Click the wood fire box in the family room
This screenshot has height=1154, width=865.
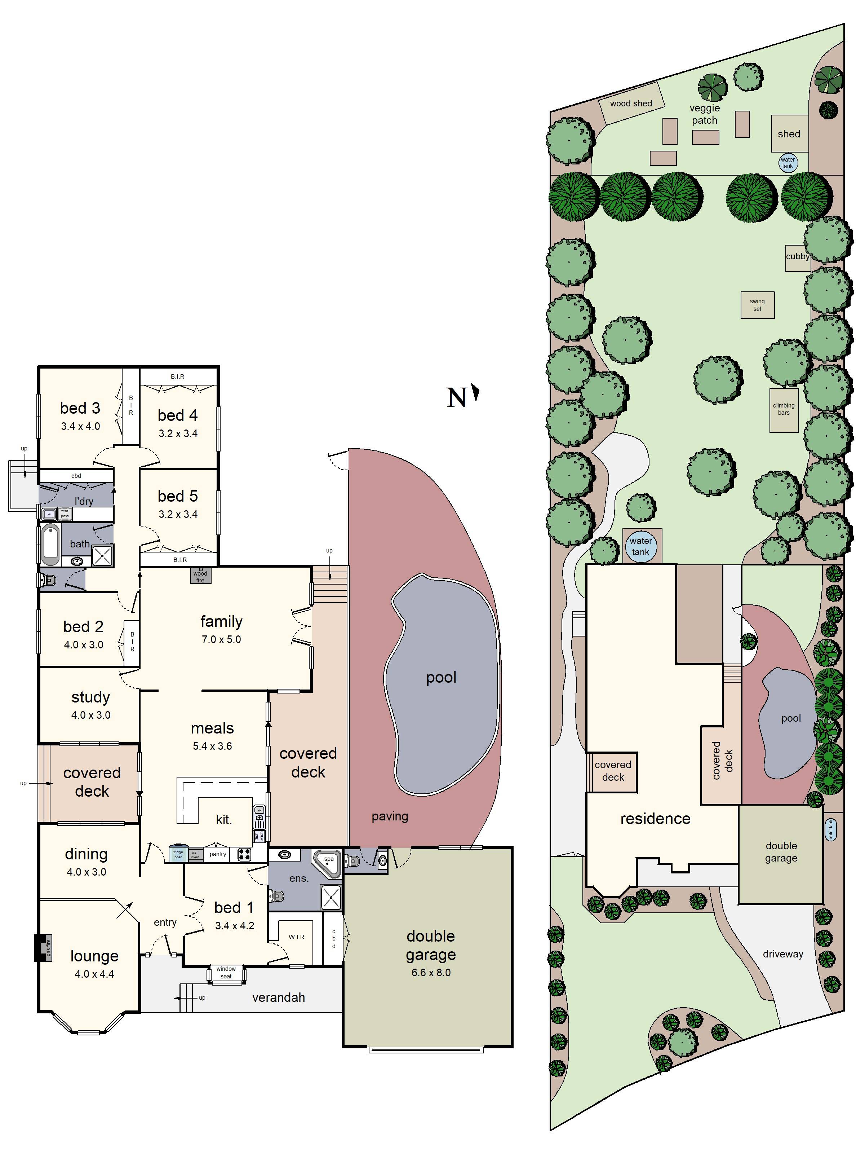[x=200, y=576]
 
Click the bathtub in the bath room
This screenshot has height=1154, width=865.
[x=50, y=545]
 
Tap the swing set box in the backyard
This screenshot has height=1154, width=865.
[x=757, y=305]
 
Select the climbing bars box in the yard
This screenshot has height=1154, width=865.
[x=784, y=410]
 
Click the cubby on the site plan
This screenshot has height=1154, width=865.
[x=797, y=257]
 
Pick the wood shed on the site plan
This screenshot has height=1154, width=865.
[x=631, y=103]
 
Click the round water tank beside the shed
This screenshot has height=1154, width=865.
[x=787, y=163]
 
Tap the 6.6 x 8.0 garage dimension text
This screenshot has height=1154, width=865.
[x=431, y=973]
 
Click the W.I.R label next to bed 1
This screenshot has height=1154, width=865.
[x=296, y=937]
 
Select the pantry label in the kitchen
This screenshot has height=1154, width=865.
[x=218, y=854]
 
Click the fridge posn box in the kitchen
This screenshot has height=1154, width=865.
[x=178, y=854]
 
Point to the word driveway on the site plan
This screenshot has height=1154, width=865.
[x=782, y=954]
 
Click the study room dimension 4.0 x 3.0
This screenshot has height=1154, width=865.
[x=91, y=715]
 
